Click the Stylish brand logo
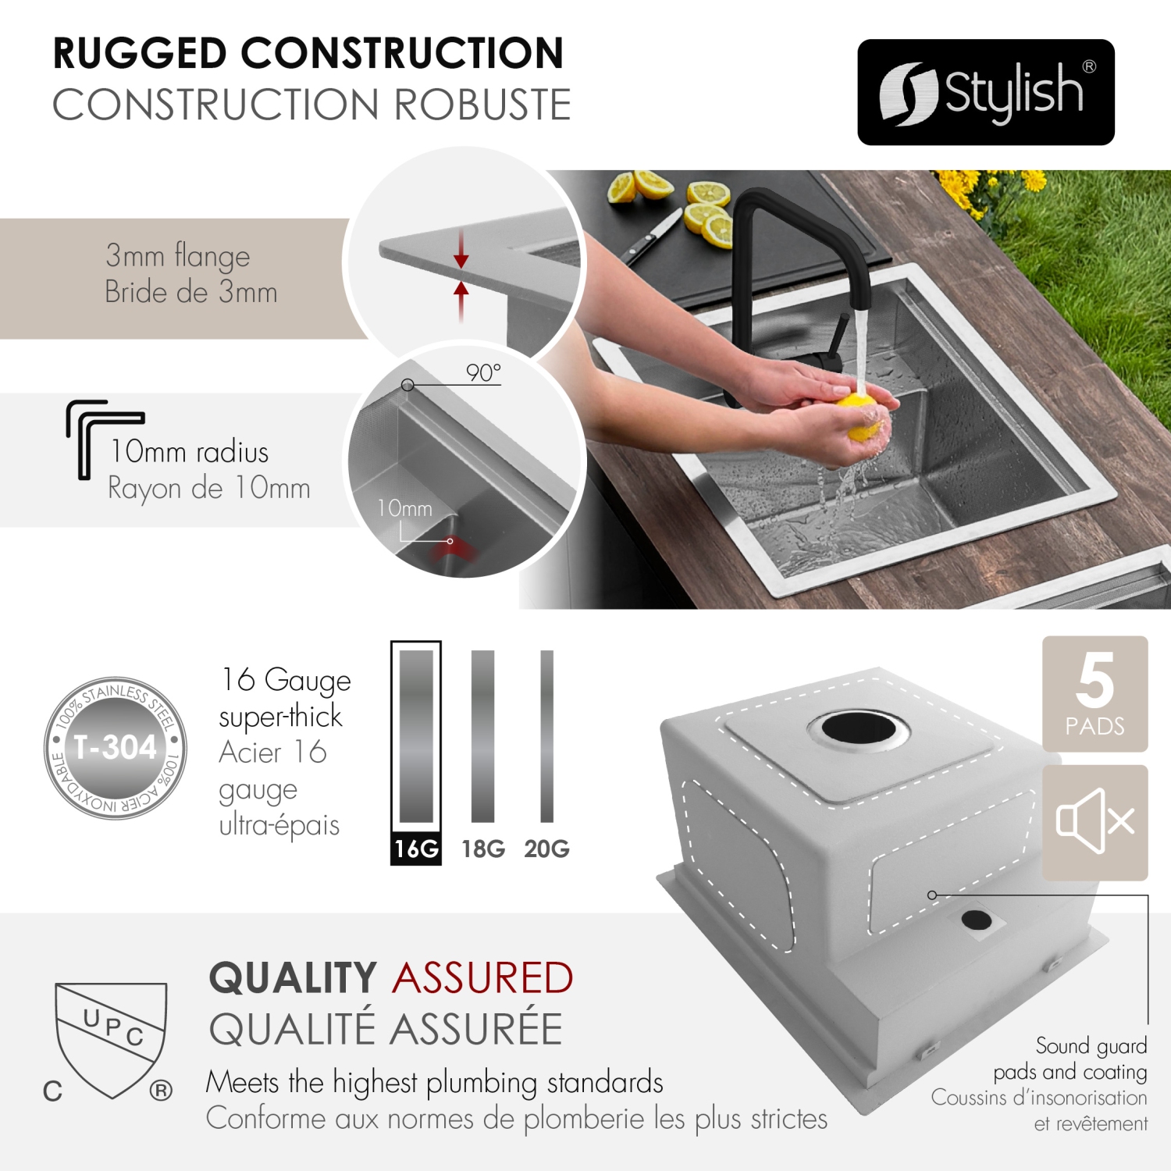pos(985,92)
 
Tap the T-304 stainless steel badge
pos(116,748)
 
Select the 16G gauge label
pos(416,849)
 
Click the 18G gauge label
pos(483,849)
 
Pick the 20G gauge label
pos(546,849)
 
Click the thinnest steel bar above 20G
pos(546,735)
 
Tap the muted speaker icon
pos(1094,821)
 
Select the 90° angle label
pos(483,373)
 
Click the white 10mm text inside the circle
pos(404,509)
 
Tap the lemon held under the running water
pos(862,418)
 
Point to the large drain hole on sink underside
pos(859,728)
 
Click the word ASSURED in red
pos(483,978)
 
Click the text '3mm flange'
pos(178,255)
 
